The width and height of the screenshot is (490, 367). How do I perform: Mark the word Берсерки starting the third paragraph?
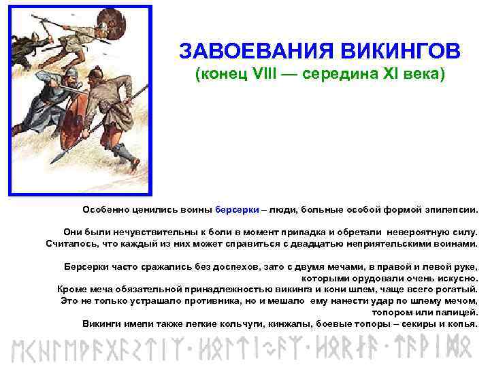tap(86, 266)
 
